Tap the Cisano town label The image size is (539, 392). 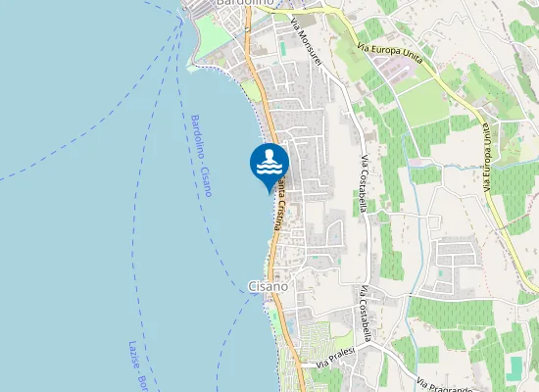tap(269, 286)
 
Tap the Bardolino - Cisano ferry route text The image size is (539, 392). tap(200, 155)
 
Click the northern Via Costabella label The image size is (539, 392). tap(365, 182)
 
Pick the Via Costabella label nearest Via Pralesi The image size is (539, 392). tap(366, 315)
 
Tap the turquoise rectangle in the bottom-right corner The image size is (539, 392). tap(516, 367)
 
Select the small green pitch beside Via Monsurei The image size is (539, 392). tap(283, 47)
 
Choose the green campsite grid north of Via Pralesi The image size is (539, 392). tap(319, 339)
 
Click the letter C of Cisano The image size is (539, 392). tap(253, 286)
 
